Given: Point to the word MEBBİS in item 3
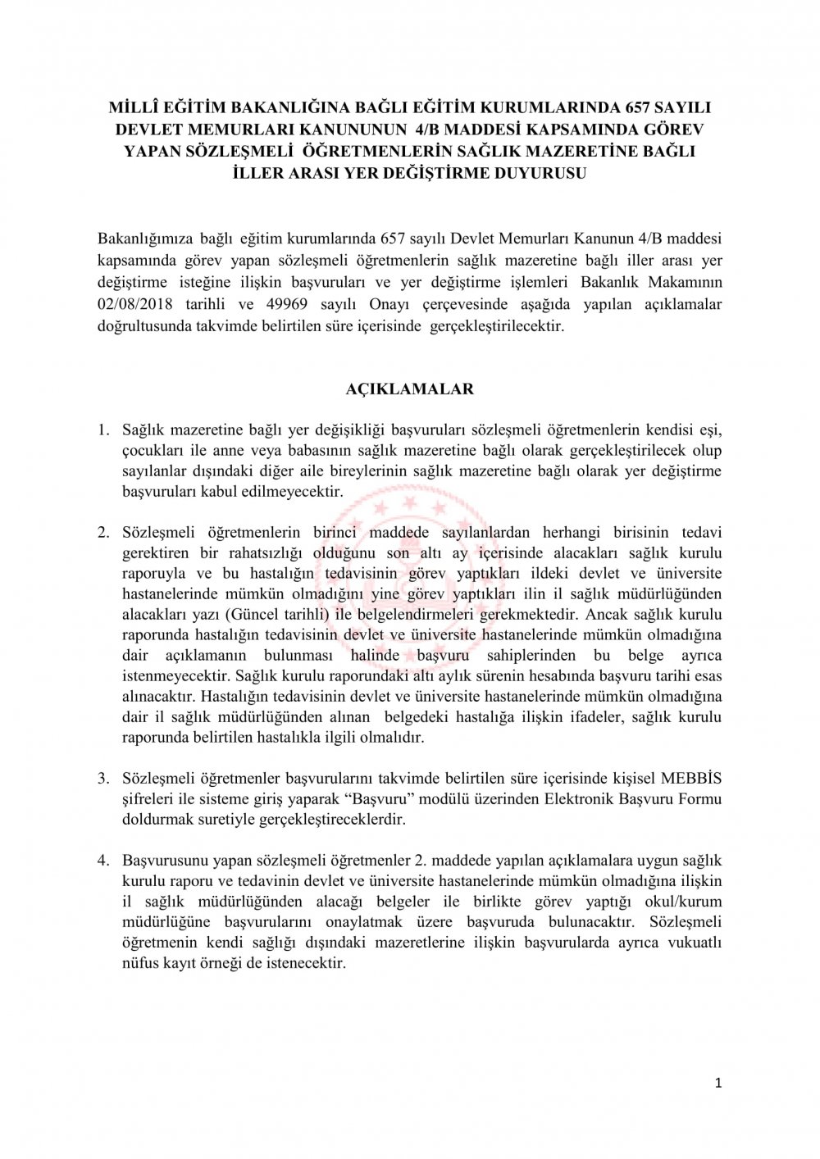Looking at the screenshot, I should pyautogui.click(x=694, y=778).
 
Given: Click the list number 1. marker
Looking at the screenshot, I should pyautogui.click(x=103, y=430).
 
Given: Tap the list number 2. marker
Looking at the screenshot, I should pyautogui.click(x=103, y=532).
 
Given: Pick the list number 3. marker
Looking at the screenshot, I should pyautogui.click(x=103, y=778).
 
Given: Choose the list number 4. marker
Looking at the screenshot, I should pyautogui.click(x=103, y=861).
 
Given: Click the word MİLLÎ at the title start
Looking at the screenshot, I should pyautogui.click(x=135, y=107).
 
